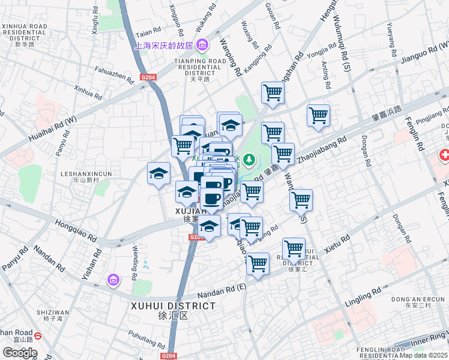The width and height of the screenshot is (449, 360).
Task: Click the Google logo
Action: pos(20,353)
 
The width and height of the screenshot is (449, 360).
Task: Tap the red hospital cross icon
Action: pos(444,156)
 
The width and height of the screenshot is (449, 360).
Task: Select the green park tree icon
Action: pos(250,159)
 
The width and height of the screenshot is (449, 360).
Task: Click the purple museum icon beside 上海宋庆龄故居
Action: pos(202,45)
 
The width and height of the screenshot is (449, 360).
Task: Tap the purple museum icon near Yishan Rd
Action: pos(112,279)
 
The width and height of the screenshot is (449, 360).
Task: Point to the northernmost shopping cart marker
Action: pos(273,93)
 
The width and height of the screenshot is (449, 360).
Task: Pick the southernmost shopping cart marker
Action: pos(258,263)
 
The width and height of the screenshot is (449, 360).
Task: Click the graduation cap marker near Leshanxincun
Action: pos(159,174)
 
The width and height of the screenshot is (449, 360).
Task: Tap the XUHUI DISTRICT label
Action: pos(173,306)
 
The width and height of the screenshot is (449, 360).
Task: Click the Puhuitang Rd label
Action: pos(146,339)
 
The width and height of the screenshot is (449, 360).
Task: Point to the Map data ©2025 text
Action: pos(424,355)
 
